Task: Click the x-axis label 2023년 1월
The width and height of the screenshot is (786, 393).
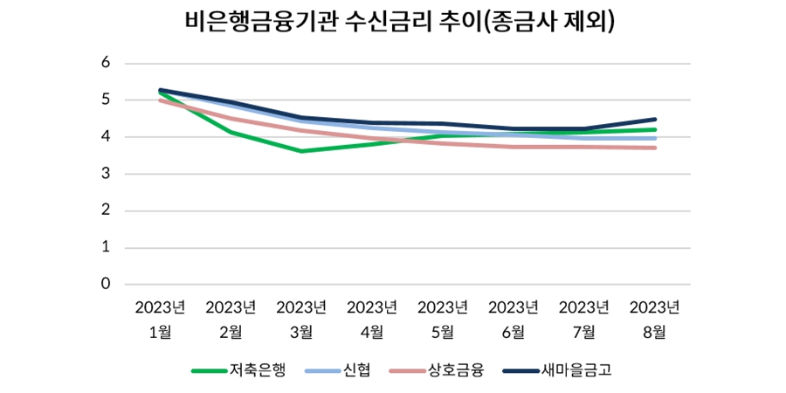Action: (161, 319)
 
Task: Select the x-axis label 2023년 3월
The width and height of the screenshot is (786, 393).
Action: (301, 319)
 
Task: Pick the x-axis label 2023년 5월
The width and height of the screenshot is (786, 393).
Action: (443, 319)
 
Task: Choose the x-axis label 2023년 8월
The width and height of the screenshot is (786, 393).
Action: (655, 319)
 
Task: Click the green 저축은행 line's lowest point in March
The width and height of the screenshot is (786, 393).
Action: (301, 151)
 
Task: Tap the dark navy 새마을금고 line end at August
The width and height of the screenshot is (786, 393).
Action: (655, 120)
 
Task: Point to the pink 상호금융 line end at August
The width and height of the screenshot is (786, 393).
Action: (655, 148)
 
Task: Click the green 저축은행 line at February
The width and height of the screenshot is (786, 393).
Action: (231, 133)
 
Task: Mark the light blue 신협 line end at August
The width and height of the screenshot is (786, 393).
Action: (655, 138)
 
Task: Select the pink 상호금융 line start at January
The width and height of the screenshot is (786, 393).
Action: (161, 100)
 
